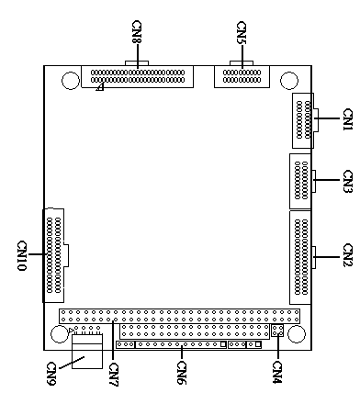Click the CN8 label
click(x=137, y=32)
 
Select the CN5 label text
click(x=242, y=32)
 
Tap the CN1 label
click(x=347, y=119)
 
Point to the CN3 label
click(x=347, y=181)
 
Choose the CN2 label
click(x=347, y=255)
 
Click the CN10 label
click(x=22, y=256)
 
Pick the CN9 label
click(x=51, y=374)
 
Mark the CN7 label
click(x=113, y=375)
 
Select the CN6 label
click(x=182, y=373)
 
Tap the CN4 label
click(x=277, y=372)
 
